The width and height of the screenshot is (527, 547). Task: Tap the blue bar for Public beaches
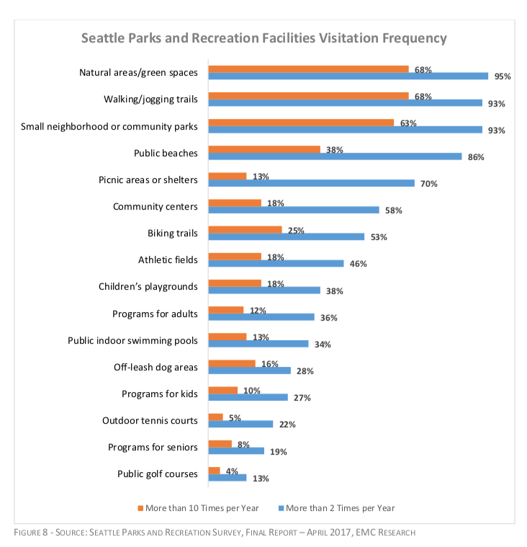point(335,156)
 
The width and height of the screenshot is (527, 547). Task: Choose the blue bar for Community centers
point(293,210)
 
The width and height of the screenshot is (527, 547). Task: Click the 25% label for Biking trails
point(296,231)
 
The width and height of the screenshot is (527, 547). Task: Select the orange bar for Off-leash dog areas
point(231,364)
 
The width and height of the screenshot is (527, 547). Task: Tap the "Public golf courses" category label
point(157,473)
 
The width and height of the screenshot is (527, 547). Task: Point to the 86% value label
point(474,157)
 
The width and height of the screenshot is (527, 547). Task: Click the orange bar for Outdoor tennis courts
point(215,417)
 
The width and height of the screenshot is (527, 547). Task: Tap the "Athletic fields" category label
point(167,259)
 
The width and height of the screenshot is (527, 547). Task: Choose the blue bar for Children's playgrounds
point(263,290)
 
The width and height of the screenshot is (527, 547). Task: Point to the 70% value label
point(430,184)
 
